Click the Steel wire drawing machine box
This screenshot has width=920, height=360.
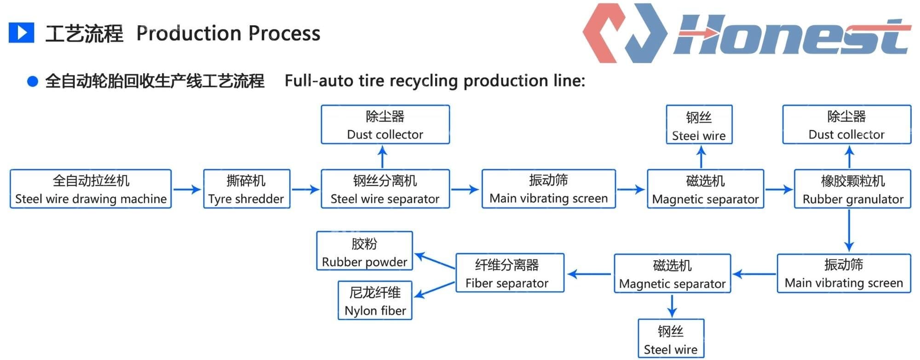point(91,189)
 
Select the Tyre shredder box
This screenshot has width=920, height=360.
point(247,189)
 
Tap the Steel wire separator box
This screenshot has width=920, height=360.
point(385,189)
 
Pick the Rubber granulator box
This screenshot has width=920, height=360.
point(852,189)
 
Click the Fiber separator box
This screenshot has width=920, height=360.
point(510,273)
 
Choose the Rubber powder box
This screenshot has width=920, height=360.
point(364,251)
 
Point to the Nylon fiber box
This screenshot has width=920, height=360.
point(375,301)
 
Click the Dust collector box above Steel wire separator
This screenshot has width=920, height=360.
point(385,125)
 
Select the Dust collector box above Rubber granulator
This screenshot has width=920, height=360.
point(846,125)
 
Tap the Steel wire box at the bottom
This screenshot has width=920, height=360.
point(671,338)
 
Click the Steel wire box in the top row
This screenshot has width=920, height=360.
point(699,125)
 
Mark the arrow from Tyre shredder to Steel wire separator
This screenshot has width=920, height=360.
point(305,189)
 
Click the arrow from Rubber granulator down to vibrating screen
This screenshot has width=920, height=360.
point(849,231)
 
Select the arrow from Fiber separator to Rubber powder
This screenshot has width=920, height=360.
point(434,261)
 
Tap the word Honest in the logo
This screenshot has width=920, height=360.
point(791,36)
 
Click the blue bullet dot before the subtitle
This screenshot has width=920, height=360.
point(32,82)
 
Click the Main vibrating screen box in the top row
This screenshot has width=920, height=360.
point(548,189)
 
